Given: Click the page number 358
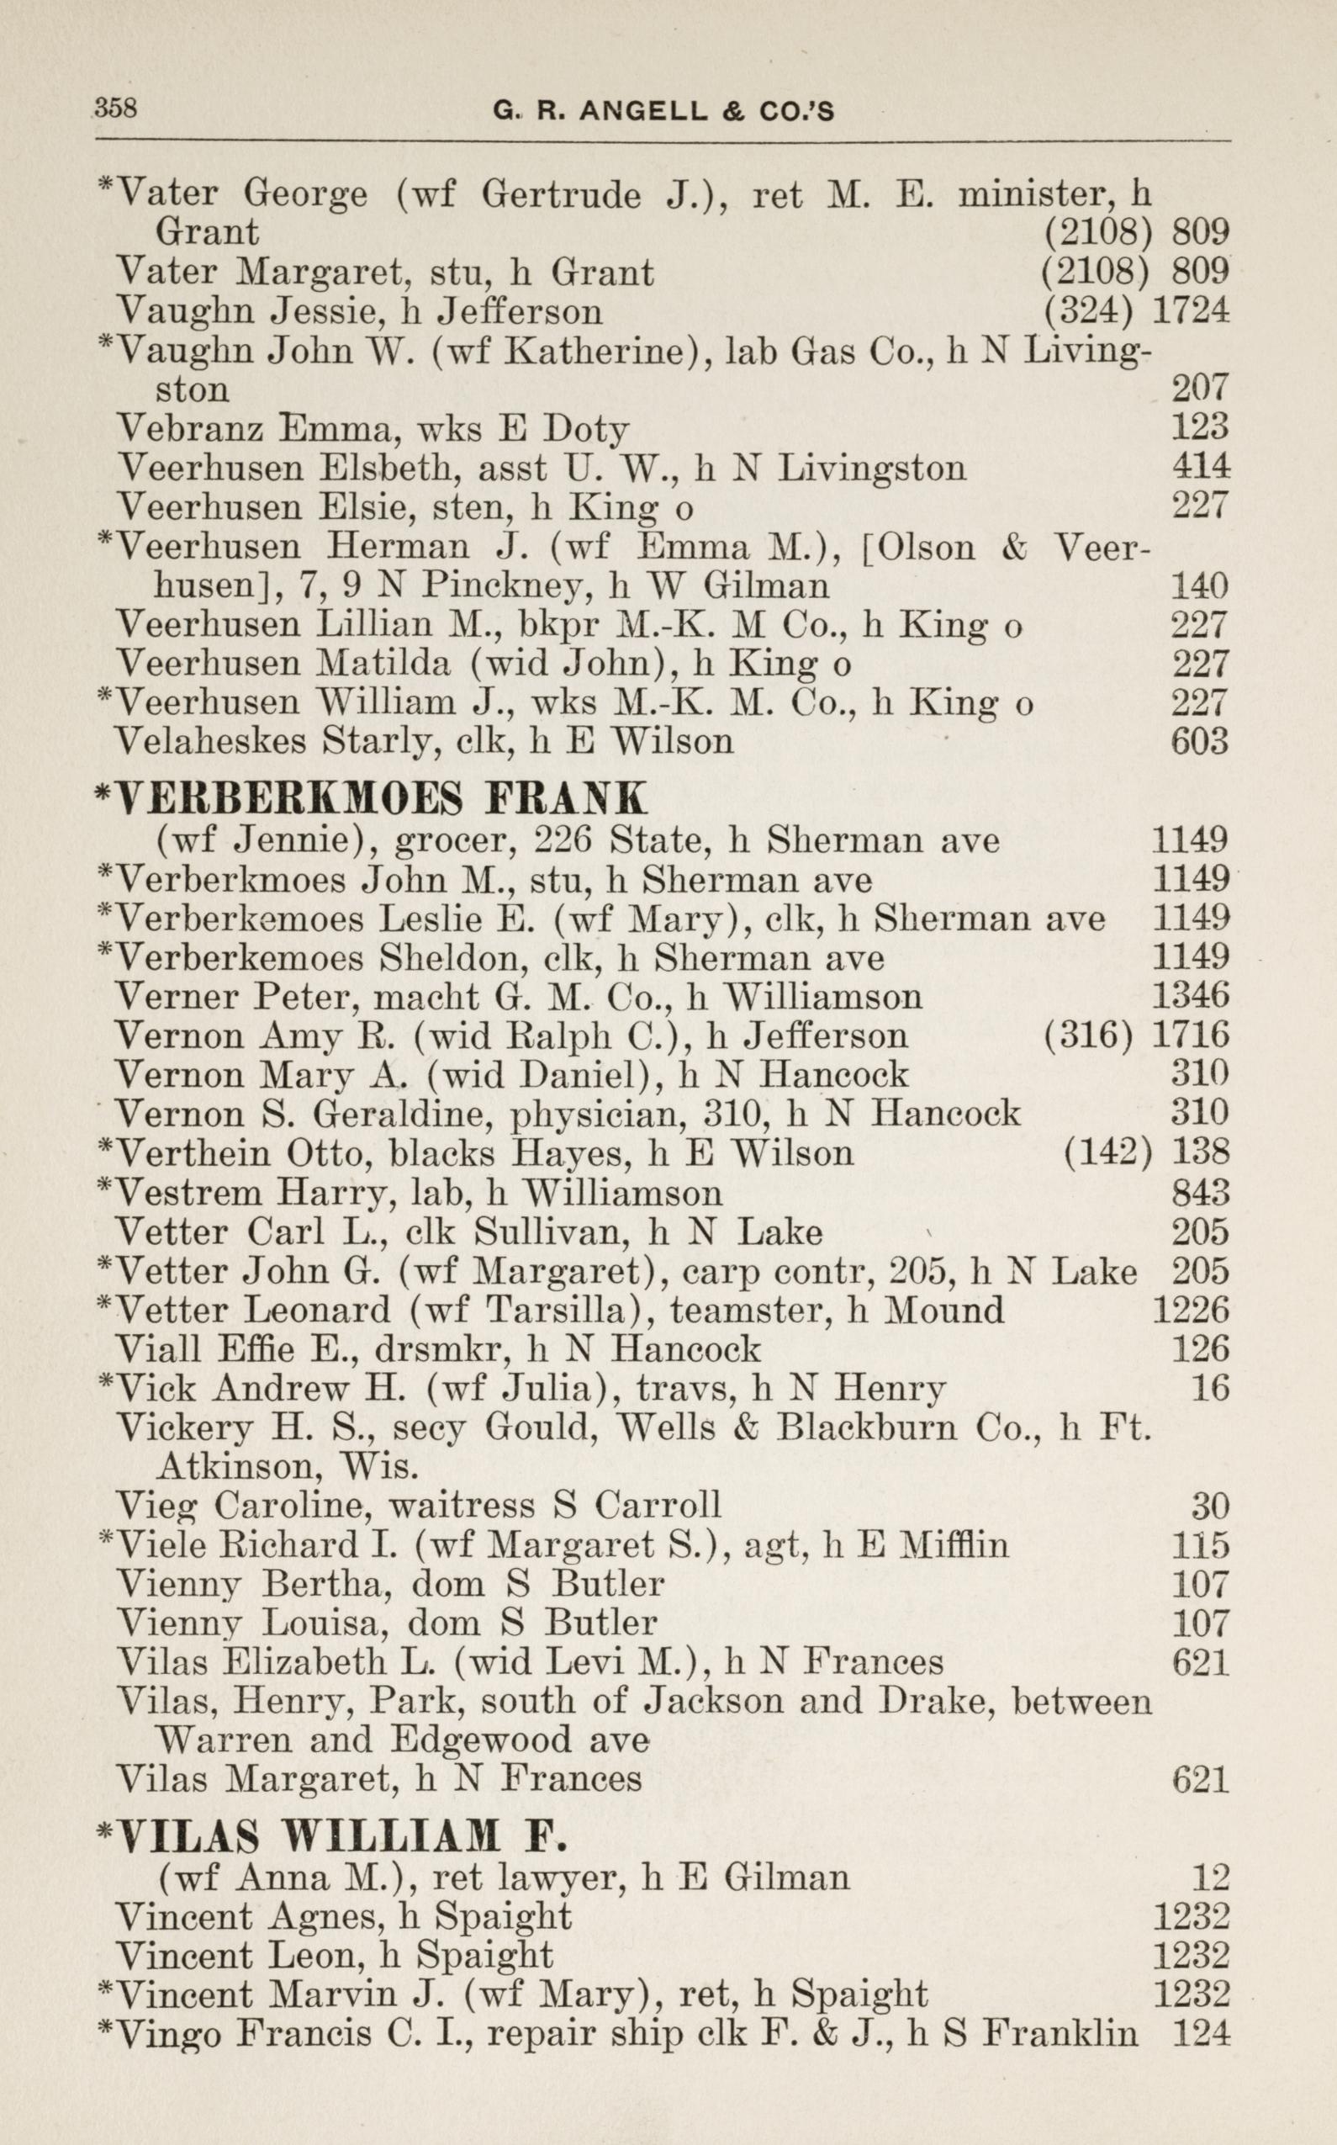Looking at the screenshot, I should (x=116, y=108).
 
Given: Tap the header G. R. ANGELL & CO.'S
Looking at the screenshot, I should (x=663, y=111).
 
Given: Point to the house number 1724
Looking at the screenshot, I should (x=1191, y=310).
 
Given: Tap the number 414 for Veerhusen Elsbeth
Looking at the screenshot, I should (x=1200, y=466).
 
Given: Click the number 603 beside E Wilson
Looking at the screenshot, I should (x=1200, y=740).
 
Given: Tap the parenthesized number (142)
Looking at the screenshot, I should (x=1109, y=1152).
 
